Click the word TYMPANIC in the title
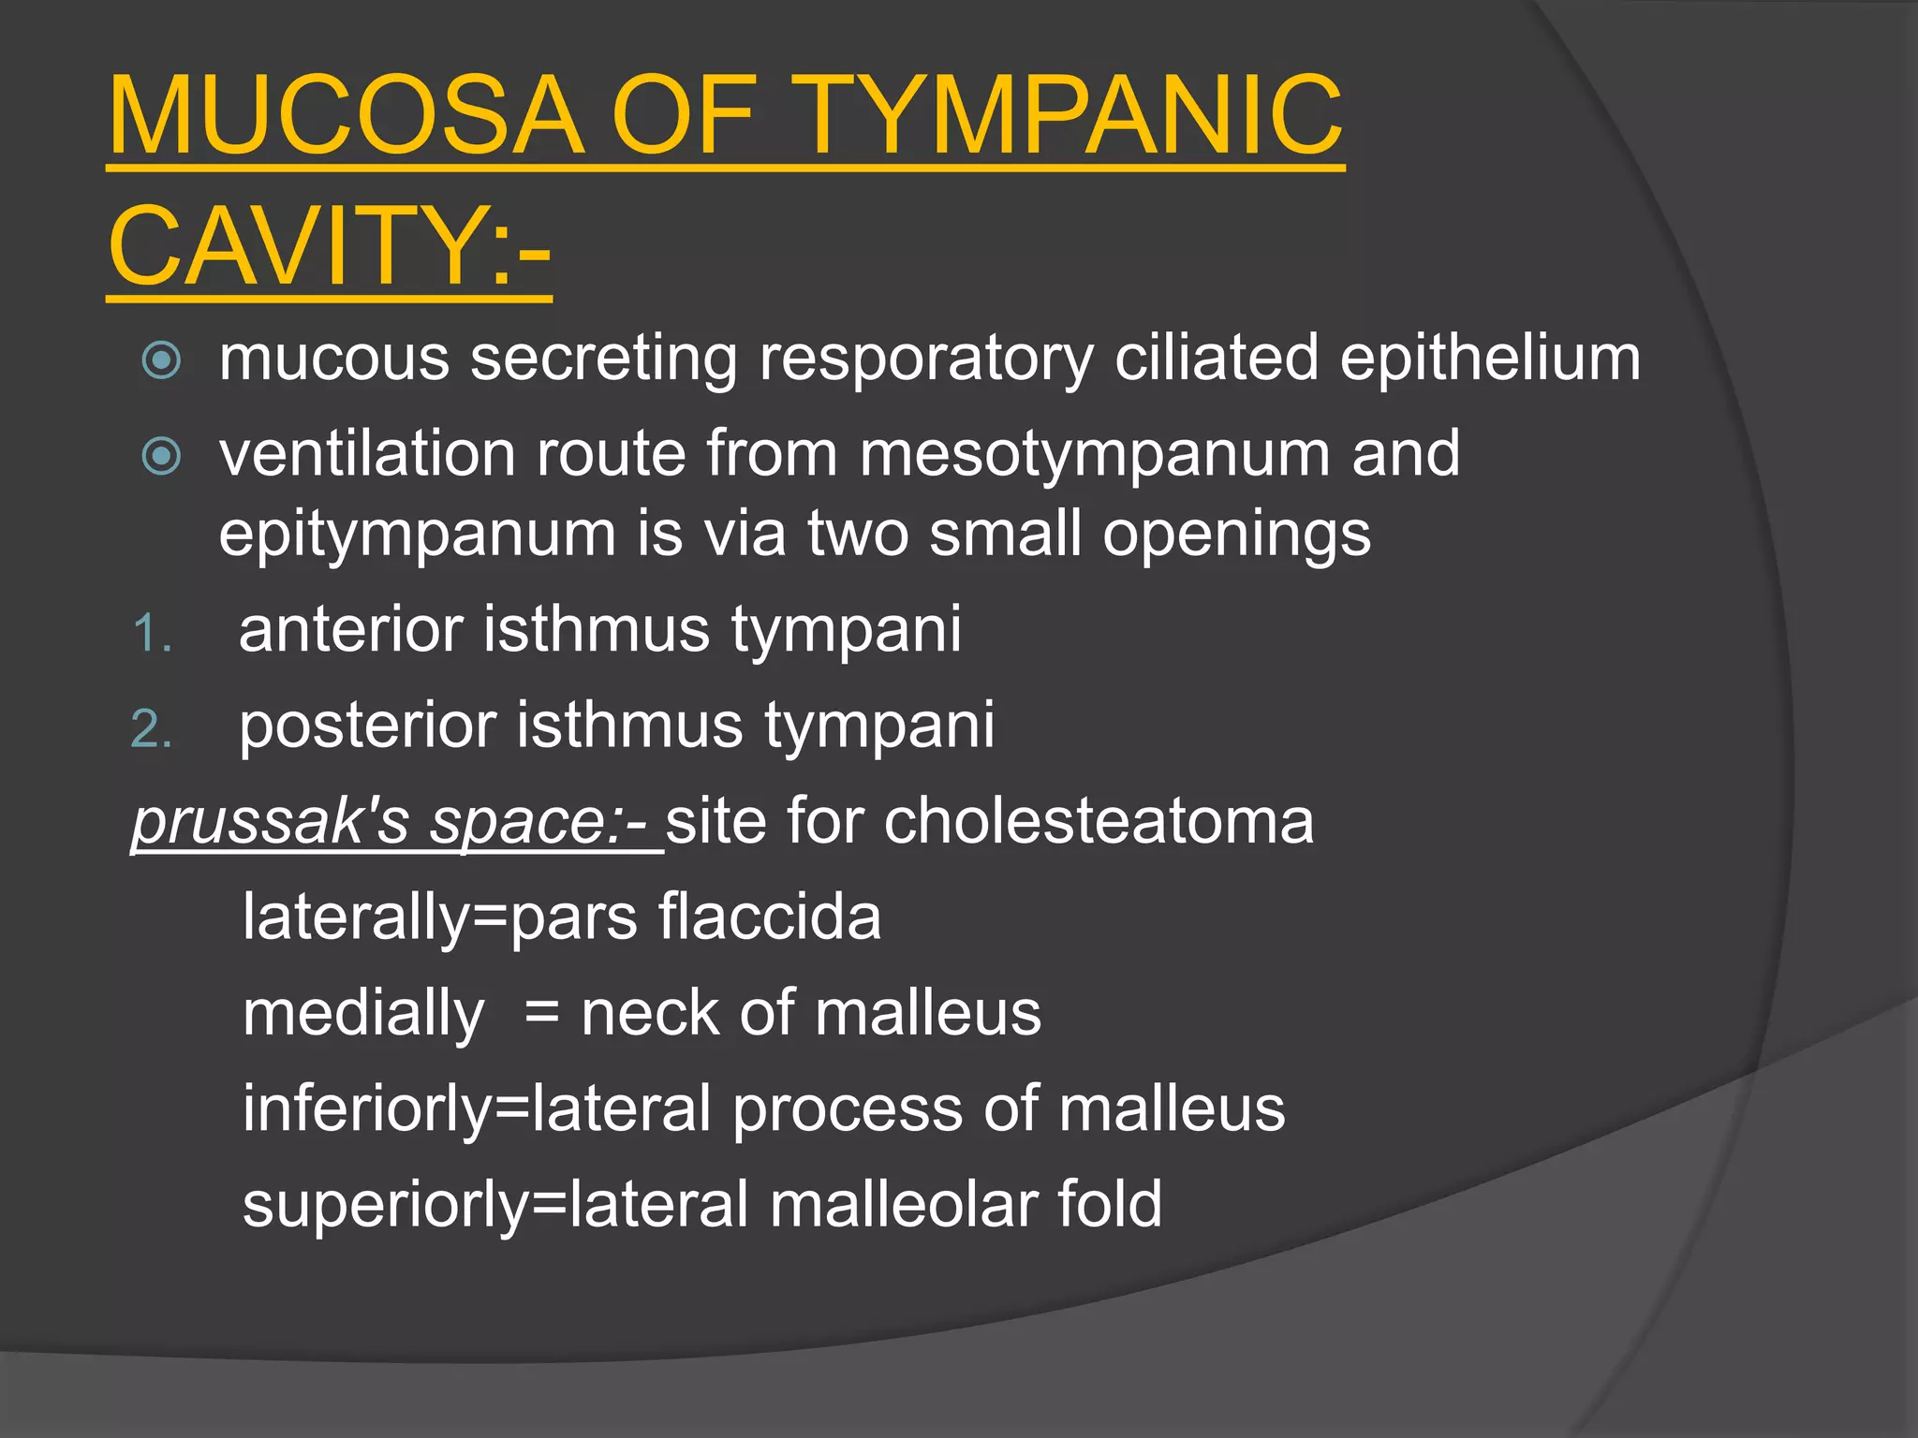[x=1071, y=116]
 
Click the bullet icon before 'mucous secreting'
[x=161, y=360]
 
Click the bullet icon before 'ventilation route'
[x=161, y=456]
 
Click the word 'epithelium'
[x=1489, y=359]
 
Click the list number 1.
[x=150, y=634]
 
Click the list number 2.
[x=150, y=729]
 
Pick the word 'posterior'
[x=367, y=726]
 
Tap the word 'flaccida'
[x=769, y=917]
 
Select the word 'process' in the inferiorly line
[x=847, y=1108]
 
